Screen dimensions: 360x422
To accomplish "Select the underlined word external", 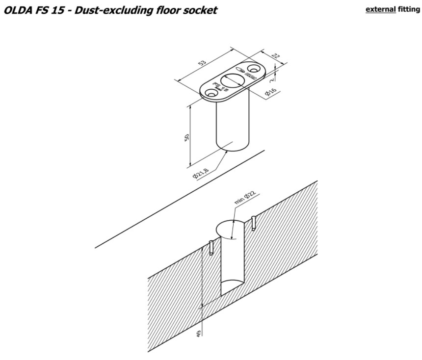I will (x=380, y=9).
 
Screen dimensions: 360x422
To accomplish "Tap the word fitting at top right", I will (x=409, y=9).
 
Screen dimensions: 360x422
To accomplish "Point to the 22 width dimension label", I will (x=275, y=56).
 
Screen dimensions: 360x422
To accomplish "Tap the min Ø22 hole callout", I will (x=246, y=196).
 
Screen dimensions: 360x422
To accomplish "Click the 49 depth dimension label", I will (x=198, y=334).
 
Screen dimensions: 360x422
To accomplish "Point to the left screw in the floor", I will (x=211, y=247).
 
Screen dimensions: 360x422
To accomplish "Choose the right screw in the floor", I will (x=253, y=223).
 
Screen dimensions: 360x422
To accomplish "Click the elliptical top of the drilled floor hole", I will (x=230, y=230).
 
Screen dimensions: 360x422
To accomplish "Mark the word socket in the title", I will (x=200, y=10).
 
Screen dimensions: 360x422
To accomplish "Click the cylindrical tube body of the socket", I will (x=233, y=125).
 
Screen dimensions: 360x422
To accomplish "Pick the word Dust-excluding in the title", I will (x=107, y=10).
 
